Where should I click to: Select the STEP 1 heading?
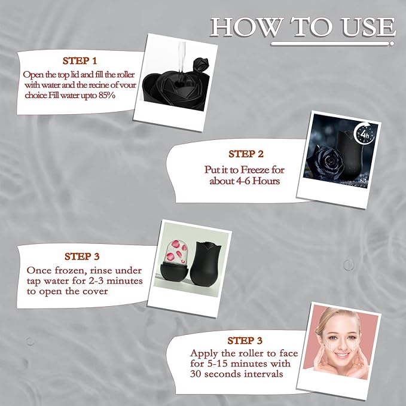coord(80,60)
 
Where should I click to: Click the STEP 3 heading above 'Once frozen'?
coord(82,257)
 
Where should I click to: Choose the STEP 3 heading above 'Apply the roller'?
coord(245,340)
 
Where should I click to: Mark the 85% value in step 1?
coord(112,95)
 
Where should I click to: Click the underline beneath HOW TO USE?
coord(332,44)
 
